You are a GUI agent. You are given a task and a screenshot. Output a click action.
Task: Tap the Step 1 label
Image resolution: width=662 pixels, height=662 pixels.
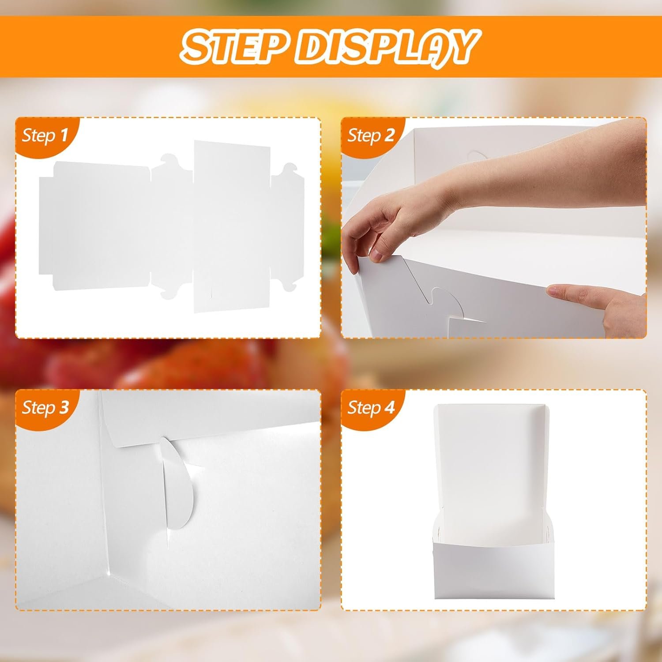[45, 135]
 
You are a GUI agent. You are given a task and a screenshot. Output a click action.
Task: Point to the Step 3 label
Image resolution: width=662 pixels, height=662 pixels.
[45, 407]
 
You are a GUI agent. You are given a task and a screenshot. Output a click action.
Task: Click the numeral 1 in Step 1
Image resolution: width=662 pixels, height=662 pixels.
[64, 135]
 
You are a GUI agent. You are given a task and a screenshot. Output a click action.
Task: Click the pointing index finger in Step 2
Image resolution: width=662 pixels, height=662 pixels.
[569, 291]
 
